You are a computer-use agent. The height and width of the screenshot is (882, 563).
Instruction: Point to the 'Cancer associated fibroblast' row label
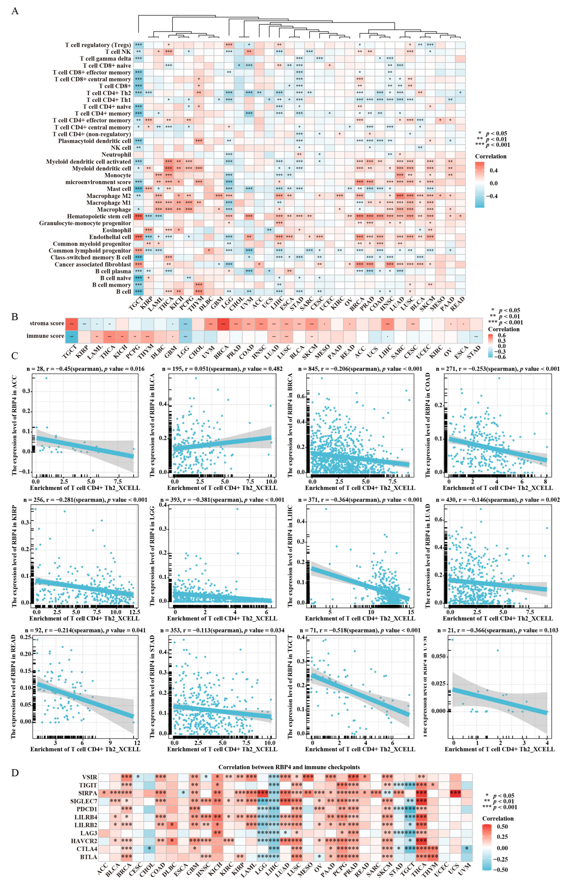point(93,265)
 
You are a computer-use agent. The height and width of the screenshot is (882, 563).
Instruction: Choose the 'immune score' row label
point(45,336)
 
